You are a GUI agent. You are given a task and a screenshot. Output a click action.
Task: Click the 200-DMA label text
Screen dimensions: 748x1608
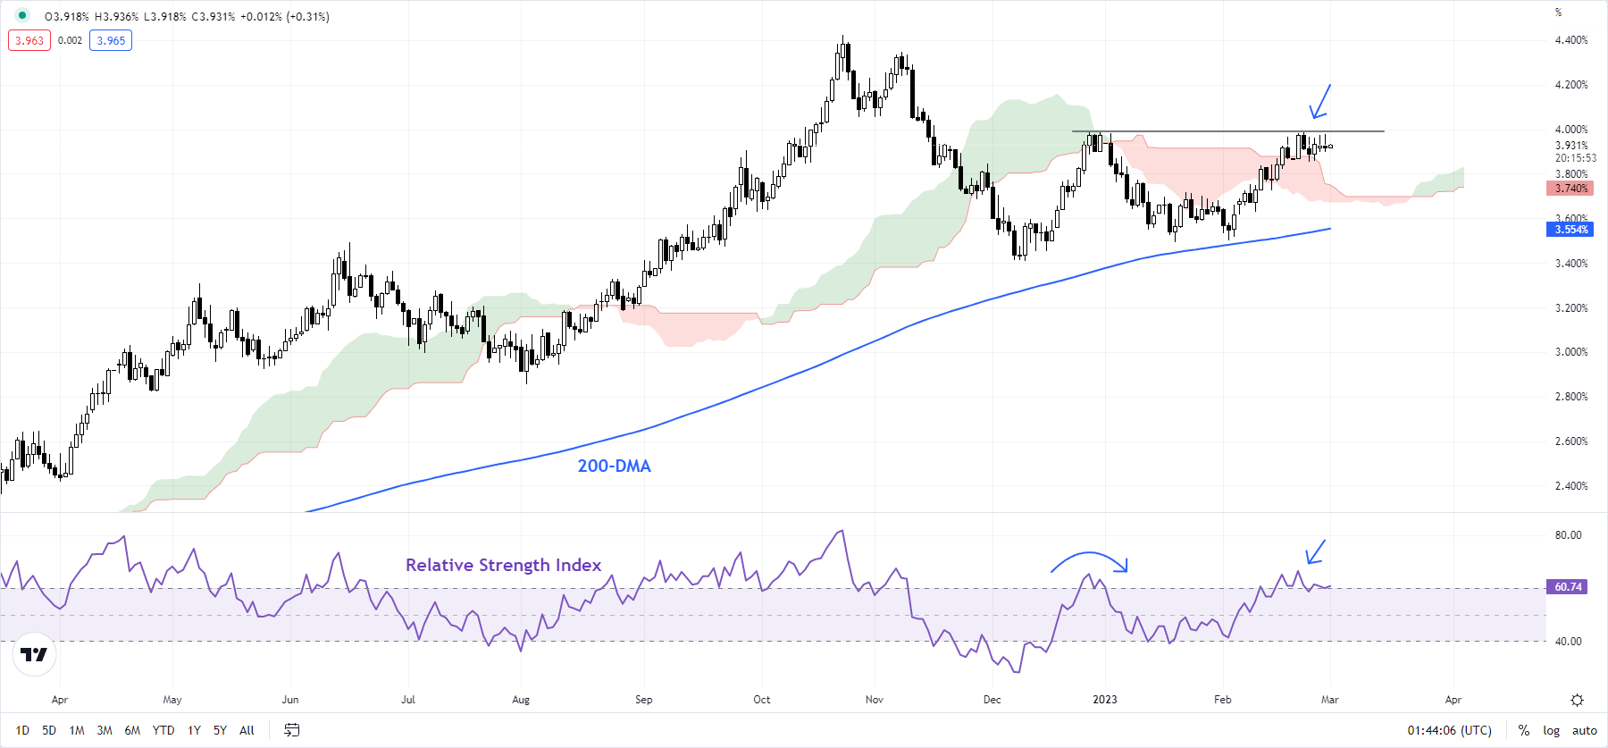click(x=614, y=466)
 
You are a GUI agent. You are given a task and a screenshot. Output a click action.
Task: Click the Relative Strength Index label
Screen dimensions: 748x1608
click(x=503, y=565)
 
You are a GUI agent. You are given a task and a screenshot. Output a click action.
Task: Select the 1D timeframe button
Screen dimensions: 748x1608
click(x=22, y=730)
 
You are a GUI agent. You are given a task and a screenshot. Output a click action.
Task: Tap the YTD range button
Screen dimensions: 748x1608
click(x=163, y=730)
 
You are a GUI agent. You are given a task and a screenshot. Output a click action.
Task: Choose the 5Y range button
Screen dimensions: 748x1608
click(x=220, y=730)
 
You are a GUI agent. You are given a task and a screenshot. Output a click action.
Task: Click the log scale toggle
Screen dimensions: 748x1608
click(x=1551, y=730)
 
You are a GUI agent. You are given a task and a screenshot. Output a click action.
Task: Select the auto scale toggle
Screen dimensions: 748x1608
click(x=1584, y=730)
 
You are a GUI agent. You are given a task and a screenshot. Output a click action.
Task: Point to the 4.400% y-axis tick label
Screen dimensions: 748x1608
click(x=1570, y=40)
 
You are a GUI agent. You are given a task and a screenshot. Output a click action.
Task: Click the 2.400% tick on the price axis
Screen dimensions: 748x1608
click(x=1570, y=486)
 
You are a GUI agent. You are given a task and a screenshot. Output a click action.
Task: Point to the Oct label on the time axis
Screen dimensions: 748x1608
click(x=761, y=700)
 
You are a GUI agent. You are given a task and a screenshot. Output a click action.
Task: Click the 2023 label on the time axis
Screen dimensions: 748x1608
click(x=1104, y=700)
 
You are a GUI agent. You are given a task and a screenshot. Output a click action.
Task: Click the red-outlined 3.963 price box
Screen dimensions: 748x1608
click(x=29, y=40)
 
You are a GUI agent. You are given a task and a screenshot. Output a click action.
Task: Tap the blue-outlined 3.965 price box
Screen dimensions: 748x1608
click(x=111, y=40)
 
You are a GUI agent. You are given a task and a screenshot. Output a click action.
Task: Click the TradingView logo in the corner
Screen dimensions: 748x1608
click(x=34, y=654)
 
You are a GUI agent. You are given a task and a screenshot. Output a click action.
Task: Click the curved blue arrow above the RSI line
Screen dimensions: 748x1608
click(x=1089, y=560)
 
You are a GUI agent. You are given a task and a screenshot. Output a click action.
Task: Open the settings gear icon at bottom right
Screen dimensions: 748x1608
click(x=1577, y=700)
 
